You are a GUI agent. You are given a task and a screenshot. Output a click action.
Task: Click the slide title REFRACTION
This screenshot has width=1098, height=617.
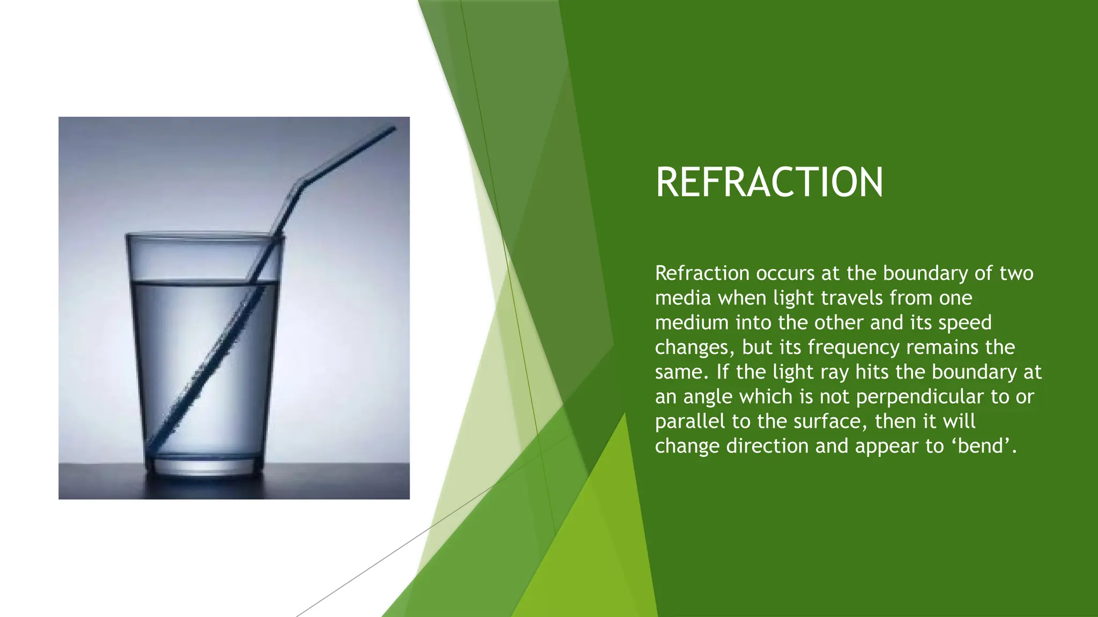[x=769, y=183]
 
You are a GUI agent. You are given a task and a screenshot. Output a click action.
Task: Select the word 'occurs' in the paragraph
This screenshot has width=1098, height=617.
[x=785, y=274]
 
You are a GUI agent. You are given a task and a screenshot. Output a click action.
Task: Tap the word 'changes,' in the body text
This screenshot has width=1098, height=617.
[x=694, y=348]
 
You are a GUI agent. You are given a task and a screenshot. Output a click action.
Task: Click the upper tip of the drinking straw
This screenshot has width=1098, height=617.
[x=393, y=129]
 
